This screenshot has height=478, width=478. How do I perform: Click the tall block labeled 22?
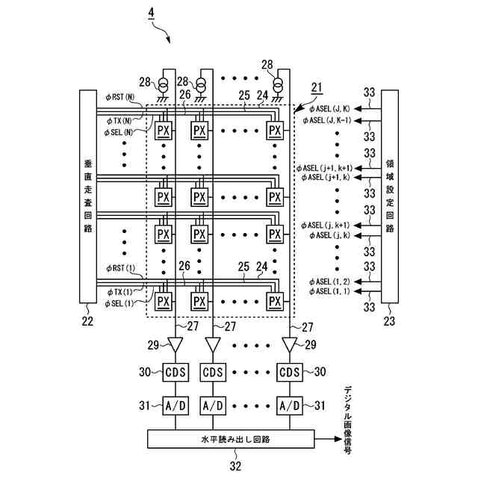click(88, 196)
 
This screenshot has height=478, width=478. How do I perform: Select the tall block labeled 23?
click(390, 196)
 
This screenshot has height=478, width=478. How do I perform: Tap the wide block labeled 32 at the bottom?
click(231, 439)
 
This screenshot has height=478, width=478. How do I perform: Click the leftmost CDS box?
click(176, 372)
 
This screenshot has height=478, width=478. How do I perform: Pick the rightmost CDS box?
click(290, 372)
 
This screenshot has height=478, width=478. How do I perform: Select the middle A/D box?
click(213, 406)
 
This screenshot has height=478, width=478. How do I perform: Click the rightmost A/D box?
click(290, 406)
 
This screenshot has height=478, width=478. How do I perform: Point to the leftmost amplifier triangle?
click(176, 344)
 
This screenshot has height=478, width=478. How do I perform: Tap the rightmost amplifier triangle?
click(290, 344)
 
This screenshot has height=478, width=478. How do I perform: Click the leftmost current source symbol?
click(163, 85)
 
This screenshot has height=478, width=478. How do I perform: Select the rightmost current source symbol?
click(278, 85)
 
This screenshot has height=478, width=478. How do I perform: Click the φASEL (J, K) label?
click(329, 108)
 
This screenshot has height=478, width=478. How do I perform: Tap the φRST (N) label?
click(120, 97)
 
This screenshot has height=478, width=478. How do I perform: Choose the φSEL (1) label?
click(119, 304)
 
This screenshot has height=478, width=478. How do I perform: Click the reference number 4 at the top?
click(151, 13)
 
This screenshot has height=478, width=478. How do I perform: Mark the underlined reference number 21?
click(317, 88)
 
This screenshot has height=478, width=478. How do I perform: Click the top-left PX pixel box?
click(164, 131)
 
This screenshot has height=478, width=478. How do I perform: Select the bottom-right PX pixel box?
click(275, 302)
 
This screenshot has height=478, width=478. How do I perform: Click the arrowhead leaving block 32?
click(338, 439)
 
